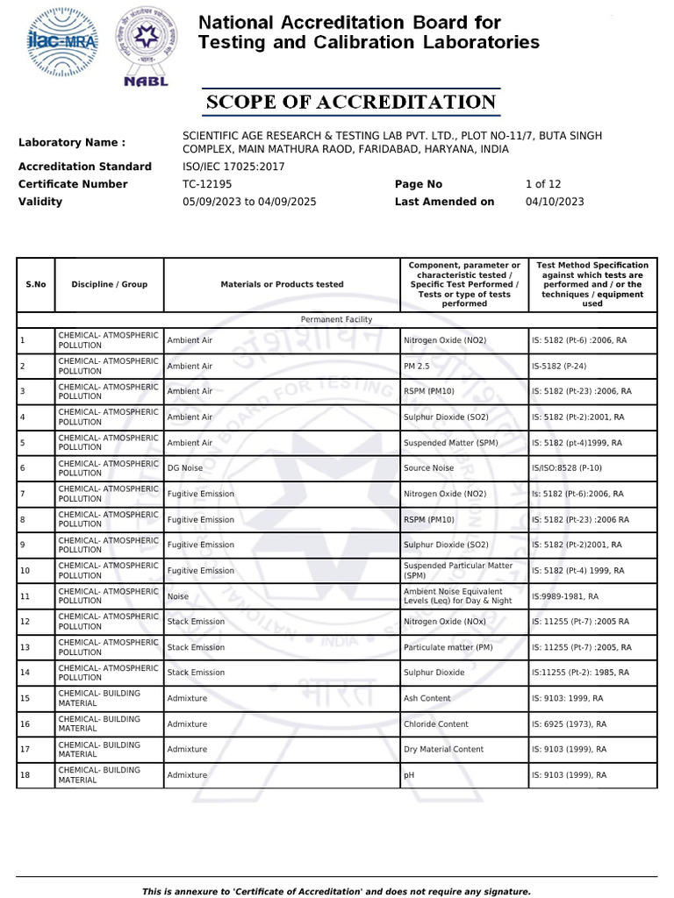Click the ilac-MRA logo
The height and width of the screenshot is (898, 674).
click(x=62, y=42)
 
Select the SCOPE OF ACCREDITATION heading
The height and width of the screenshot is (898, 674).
click(x=351, y=103)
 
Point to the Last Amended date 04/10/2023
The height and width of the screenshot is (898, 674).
click(x=554, y=202)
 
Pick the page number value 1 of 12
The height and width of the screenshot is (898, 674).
click(x=542, y=184)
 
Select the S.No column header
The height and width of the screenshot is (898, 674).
click(x=35, y=284)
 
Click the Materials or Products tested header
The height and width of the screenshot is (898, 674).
click(x=282, y=284)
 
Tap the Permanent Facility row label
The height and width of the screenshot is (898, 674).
click(x=336, y=320)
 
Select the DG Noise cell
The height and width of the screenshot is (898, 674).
click(x=184, y=468)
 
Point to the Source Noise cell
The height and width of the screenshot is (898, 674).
click(x=428, y=468)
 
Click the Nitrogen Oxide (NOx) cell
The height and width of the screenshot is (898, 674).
click(x=445, y=622)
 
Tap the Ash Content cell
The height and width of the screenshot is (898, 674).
click(x=427, y=699)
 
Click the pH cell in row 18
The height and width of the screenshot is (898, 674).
click(x=408, y=775)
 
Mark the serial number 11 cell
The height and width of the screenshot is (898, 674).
click(x=25, y=596)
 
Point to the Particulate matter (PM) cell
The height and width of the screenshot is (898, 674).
click(x=448, y=647)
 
